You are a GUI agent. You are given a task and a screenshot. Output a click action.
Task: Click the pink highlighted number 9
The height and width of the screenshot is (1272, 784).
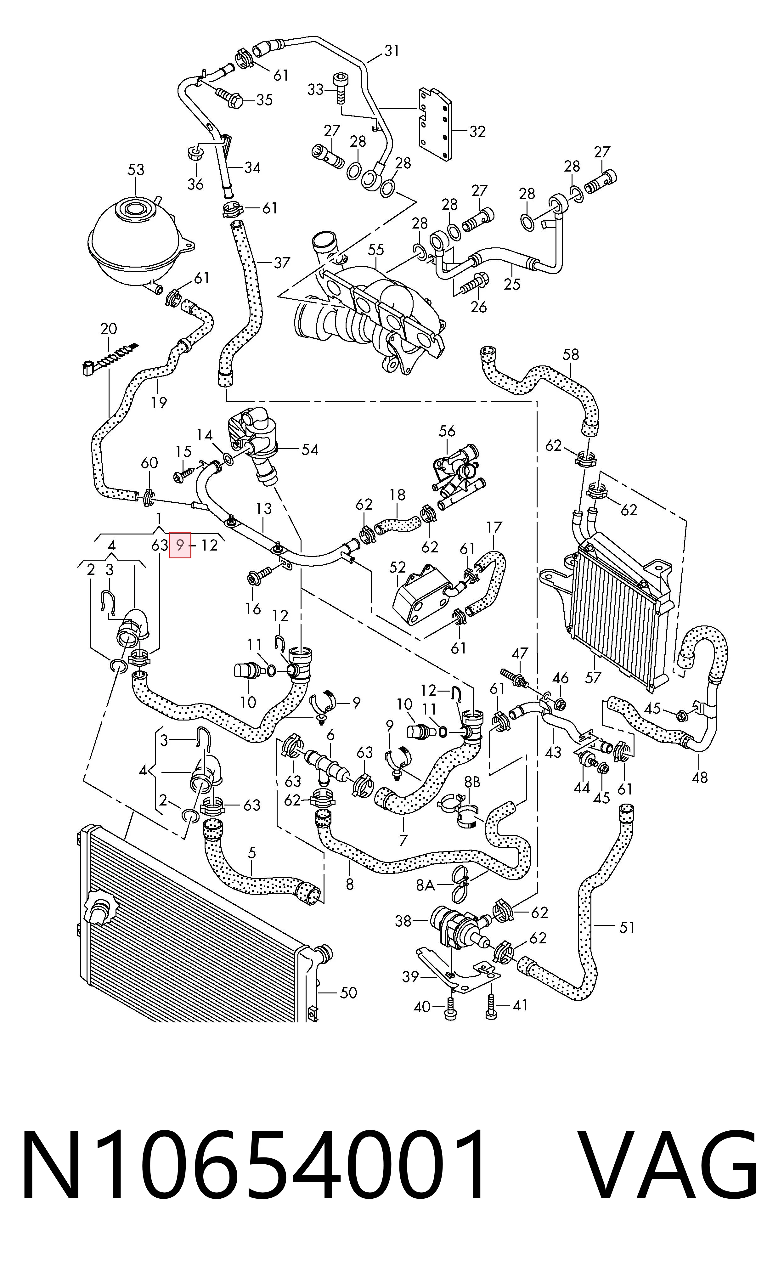180,545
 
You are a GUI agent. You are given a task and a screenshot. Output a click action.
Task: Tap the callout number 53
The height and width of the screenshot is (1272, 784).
136,170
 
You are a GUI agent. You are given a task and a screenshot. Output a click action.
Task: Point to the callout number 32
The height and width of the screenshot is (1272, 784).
477,131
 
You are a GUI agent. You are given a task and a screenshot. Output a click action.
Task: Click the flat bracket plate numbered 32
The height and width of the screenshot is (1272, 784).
435,124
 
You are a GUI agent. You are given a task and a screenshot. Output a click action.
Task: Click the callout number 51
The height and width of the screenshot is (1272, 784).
627,927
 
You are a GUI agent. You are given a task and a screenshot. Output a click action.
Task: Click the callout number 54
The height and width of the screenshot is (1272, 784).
310,449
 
